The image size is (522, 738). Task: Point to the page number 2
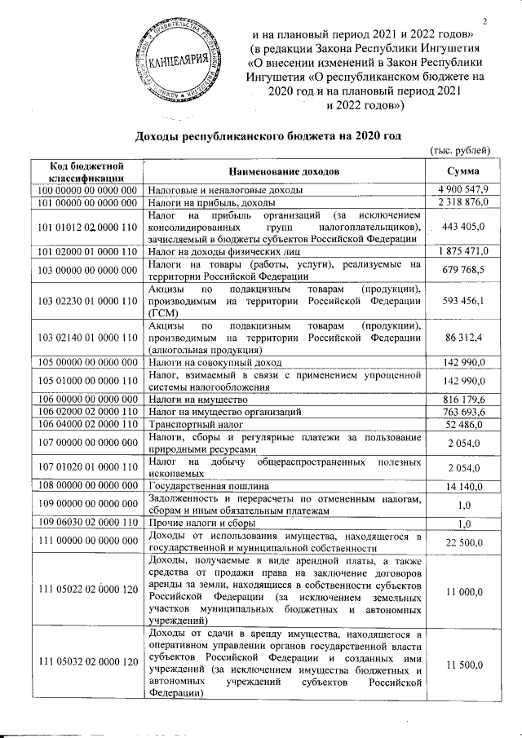[x=484, y=21]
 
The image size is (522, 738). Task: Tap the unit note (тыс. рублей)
[x=459, y=149]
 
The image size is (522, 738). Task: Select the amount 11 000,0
[x=465, y=595]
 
